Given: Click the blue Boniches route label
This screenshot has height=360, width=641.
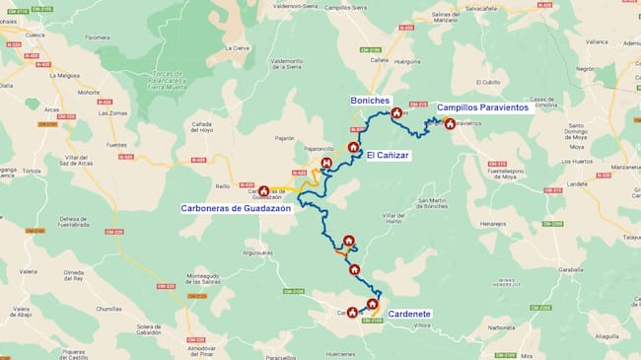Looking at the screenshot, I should [371, 101].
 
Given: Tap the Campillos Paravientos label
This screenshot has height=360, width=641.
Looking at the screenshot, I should [484, 108].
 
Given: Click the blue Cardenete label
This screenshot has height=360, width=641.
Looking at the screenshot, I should [408, 315].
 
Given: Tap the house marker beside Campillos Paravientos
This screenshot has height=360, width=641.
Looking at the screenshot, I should [450, 123].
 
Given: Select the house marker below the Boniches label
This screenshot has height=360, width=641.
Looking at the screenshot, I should [396, 113].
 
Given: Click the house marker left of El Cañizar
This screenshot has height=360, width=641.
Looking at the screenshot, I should [353, 147].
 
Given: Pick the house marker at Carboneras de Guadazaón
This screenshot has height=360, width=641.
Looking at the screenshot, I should [263, 190].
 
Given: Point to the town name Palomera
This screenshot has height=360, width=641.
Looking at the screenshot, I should [97, 38].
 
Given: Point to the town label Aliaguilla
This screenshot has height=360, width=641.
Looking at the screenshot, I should [607, 336].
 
